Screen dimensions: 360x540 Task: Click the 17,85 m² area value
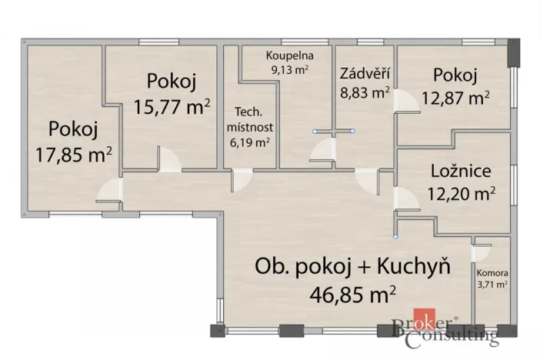[x=74, y=154]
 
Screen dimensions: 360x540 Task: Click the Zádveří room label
[x=364, y=75]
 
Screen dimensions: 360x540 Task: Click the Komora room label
[x=492, y=272]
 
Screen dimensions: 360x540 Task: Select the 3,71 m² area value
[x=492, y=285]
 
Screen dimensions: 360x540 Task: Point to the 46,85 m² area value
[x=352, y=292]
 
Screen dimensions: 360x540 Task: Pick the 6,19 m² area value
[x=250, y=142]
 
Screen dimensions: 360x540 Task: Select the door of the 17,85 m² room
[x=112, y=191]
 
